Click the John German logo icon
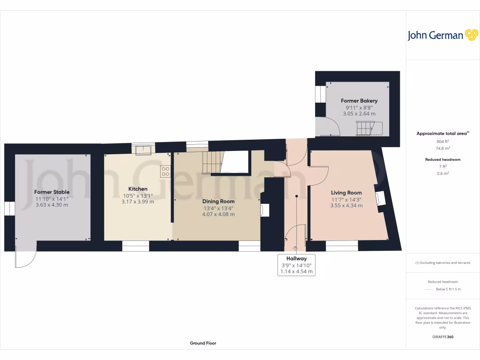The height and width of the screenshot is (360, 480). coord(471,35)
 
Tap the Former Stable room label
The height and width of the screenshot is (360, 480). coord(52,192)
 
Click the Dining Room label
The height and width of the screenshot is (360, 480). coord(218,201)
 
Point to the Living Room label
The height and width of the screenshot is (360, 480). coord(346,193)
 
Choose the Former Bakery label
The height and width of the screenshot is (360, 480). coord(359,101)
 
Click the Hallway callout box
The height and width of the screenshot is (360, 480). coord(297,265)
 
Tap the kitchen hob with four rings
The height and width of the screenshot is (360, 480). coord(165,172)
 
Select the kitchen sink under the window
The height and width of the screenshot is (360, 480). coord(143,150)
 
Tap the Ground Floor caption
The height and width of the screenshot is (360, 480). coord(203,343)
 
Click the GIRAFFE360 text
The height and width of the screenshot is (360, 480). coord(443,337)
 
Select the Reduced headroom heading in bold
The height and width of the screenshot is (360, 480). coord(443,159)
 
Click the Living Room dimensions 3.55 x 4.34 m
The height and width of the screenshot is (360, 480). coord(346,205)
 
